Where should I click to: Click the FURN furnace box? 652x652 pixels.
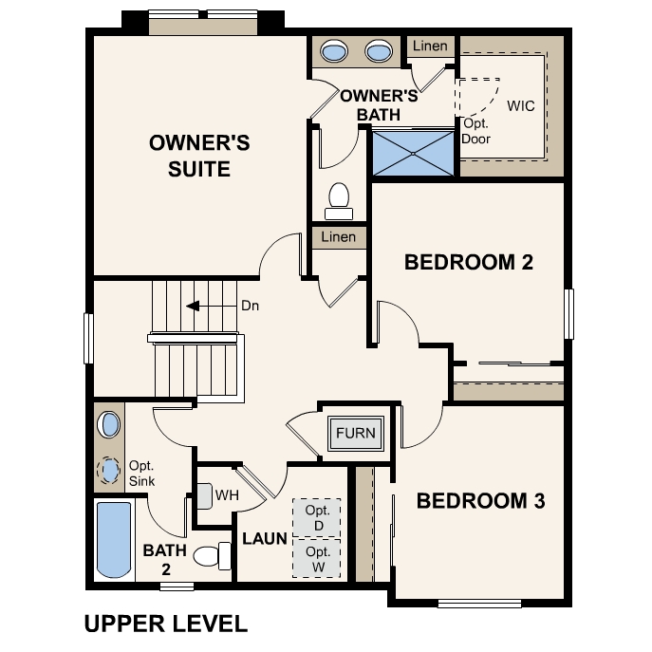point(356,434)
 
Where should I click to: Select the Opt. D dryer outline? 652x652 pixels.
point(317,517)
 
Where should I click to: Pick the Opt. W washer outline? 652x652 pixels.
point(317,558)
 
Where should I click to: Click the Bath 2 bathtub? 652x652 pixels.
point(113,538)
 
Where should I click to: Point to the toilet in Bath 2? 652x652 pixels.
point(212,555)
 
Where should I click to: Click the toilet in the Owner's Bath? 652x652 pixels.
point(338,197)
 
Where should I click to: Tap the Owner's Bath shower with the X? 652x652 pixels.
point(414,153)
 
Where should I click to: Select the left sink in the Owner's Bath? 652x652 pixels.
point(335,50)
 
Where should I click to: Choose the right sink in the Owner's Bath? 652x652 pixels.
point(379,50)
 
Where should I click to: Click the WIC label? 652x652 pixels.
point(521,105)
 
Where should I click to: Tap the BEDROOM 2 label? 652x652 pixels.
point(469,262)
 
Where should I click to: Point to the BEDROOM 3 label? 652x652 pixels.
point(481,501)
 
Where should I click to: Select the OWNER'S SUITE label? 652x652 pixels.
point(200,156)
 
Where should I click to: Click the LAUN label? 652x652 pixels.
point(265,539)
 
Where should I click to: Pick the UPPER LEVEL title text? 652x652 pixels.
point(166,624)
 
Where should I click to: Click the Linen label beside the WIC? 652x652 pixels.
point(429,47)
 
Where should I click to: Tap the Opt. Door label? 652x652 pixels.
point(475,131)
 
